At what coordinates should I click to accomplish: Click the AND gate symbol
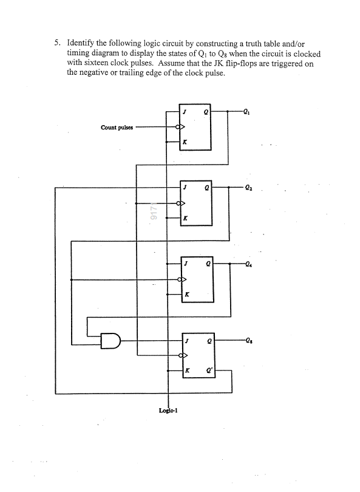click(110, 341)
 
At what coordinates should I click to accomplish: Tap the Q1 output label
click(245, 111)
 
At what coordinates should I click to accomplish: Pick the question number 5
click(56, 44)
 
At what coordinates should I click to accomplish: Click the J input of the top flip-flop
click(186, 112)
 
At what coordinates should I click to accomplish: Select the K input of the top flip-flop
click(186, 143)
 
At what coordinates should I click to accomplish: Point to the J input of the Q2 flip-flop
click(186, 188)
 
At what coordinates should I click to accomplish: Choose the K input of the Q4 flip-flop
click(187, 294)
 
